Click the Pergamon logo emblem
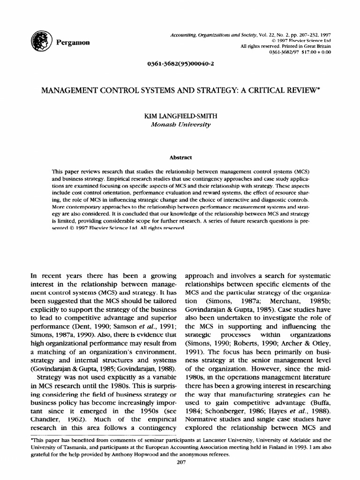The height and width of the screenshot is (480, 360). pos(38,42)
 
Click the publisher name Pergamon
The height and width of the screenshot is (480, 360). pos(72,42)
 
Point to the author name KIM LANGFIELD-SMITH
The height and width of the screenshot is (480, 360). pos(180,116)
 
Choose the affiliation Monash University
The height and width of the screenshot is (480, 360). pos(180,124)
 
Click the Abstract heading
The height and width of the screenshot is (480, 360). pos(180,157)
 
